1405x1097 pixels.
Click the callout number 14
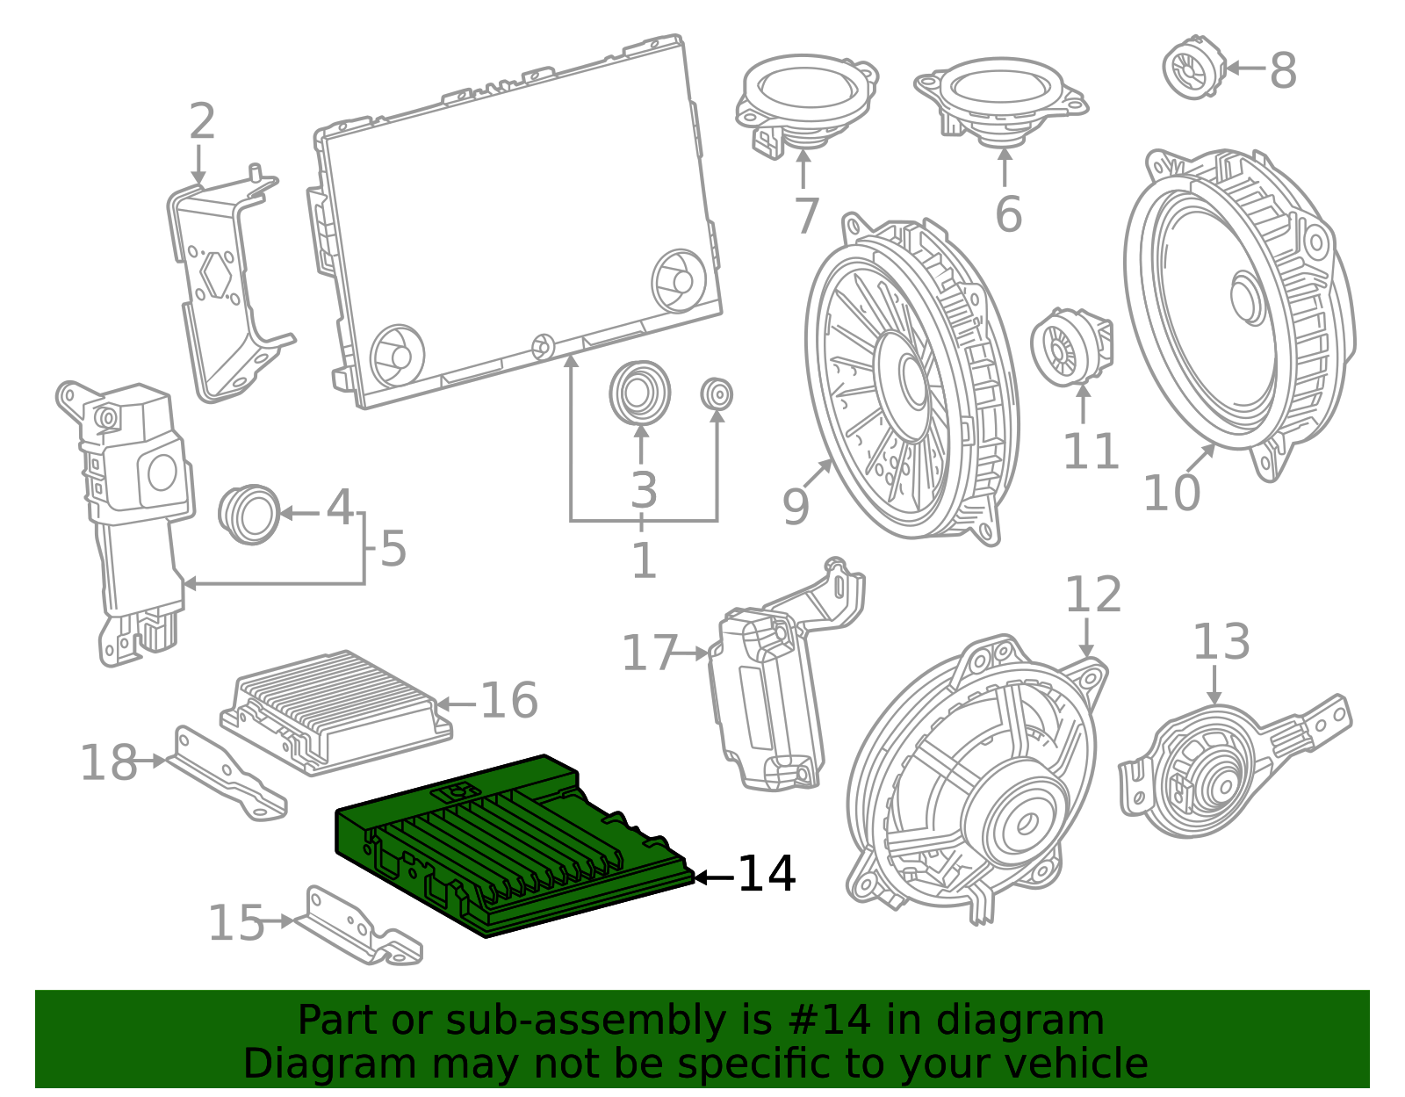767,874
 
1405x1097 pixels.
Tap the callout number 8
1283,70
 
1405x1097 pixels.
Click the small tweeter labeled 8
1193,68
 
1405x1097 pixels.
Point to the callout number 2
202,121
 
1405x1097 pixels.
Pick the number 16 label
509,700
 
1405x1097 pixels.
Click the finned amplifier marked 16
336,712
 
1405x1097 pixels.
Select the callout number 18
109,762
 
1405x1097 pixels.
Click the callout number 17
650,653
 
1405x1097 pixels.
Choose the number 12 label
1092,594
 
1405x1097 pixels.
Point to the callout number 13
1221,641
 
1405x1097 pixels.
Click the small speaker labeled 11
1072,347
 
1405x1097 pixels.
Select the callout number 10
1171,493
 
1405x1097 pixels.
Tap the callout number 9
796,506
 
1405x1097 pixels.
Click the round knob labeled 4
249,515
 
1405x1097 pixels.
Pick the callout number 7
806,214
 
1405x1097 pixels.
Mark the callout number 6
1009,213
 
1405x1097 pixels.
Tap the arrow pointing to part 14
714,877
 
